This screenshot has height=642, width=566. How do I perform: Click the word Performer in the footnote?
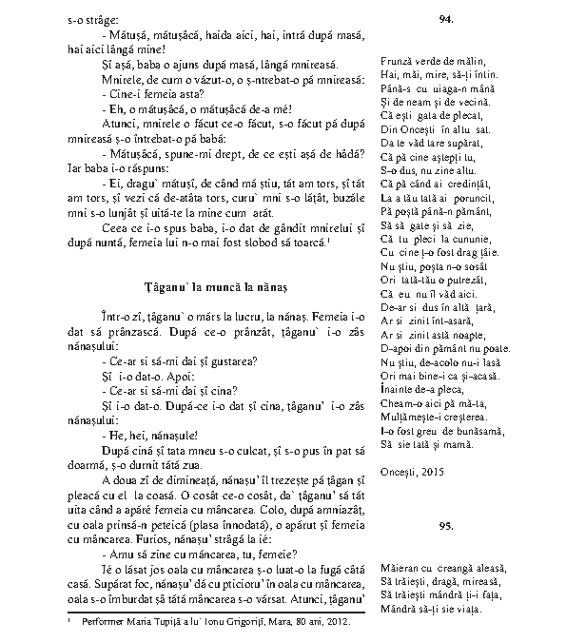coord(102,622)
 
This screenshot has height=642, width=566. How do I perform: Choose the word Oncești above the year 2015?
coord(397,471)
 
